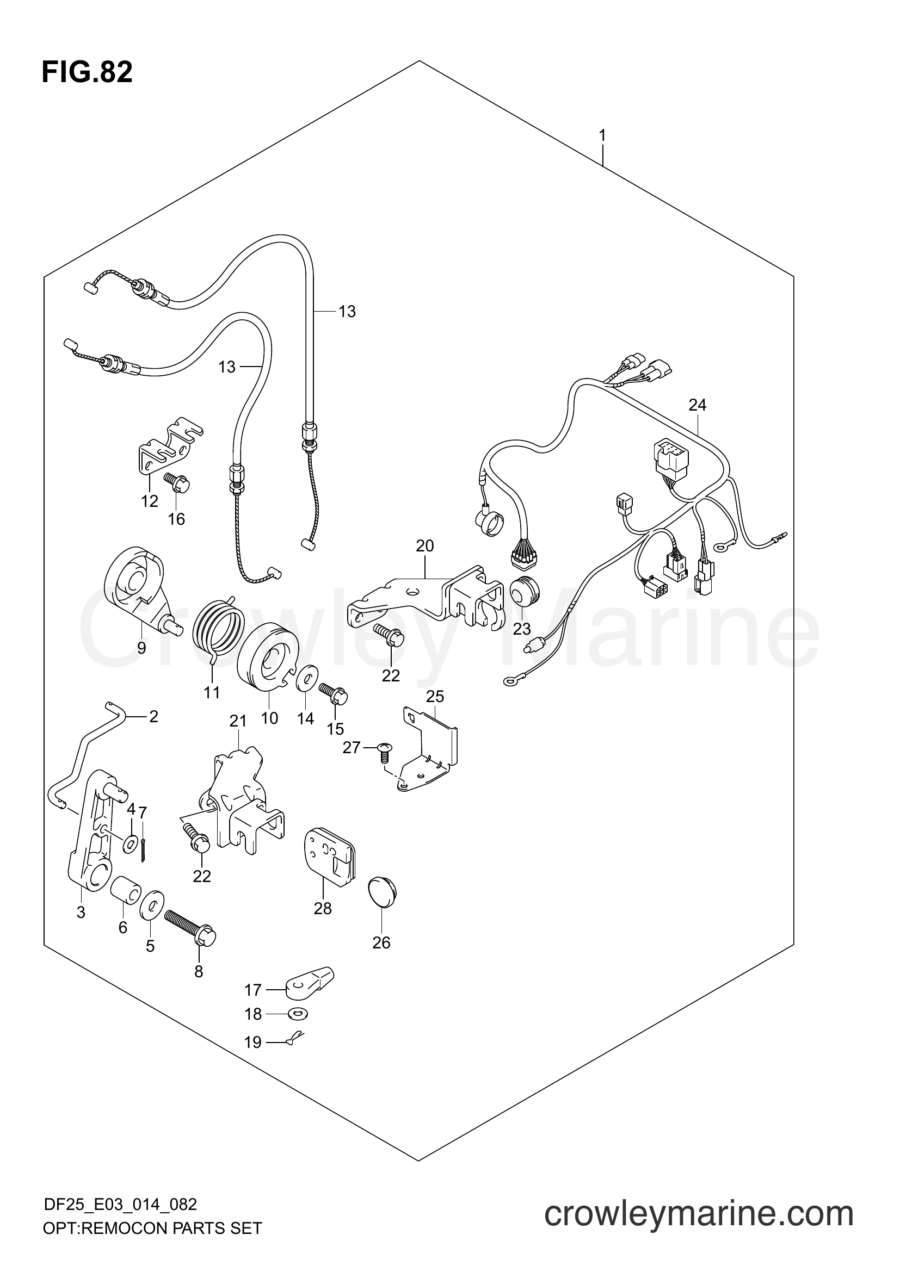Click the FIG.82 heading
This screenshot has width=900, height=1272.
click(x=87, y=72)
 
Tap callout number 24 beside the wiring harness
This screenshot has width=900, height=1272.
click(x=697, y=405)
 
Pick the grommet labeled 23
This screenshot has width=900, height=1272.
click(x=523, y=594)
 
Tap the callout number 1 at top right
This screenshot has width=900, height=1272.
click(x=602, y=135)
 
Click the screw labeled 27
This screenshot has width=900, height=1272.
click(x=384, y=752)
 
